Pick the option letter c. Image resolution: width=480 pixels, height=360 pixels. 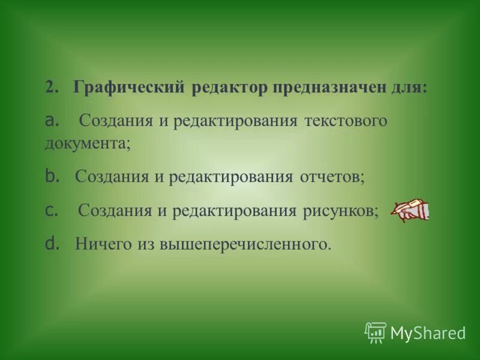50,210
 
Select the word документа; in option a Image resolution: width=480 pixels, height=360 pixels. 88,145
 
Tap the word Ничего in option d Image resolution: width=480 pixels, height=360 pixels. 99,244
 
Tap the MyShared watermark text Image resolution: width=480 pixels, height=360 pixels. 428,332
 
